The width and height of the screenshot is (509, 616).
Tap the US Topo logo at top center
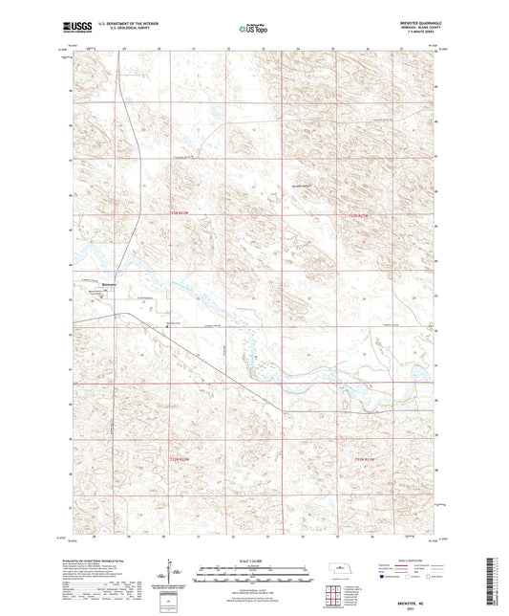(x=252, y=30)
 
